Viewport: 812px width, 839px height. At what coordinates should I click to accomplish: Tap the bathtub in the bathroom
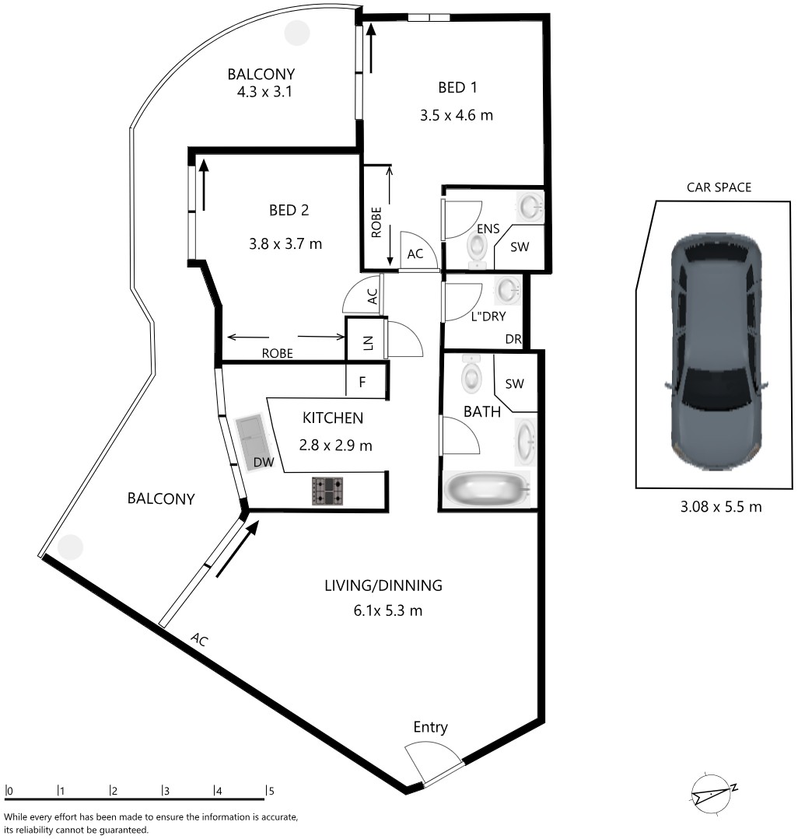(487, 488)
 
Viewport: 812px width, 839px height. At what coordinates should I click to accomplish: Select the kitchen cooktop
(327, 491)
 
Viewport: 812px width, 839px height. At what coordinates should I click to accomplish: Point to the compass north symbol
(712, 795)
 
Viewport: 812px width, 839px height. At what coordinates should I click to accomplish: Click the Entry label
(430, 727)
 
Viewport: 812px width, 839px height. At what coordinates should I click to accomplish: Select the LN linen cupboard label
(368, 343)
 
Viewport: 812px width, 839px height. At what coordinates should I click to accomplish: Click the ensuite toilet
(476, 248)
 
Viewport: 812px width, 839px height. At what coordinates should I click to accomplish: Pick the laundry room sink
(507, 291)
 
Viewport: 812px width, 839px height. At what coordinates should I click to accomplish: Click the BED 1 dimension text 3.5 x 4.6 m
(456, 116)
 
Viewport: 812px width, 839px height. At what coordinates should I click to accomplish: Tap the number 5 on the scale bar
(271, 791)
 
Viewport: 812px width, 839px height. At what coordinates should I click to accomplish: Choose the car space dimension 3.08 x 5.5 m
(720, 507)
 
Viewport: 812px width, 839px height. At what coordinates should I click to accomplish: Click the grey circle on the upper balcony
(296, 33)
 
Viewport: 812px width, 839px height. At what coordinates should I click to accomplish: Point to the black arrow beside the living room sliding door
(237, 550)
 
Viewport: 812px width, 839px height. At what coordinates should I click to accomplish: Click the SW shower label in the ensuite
(520, 246)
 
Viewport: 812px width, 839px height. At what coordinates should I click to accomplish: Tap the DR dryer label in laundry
(513, 339)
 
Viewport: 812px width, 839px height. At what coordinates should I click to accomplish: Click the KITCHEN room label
(333, 418)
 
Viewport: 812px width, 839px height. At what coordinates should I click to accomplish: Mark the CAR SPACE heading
(719, 187)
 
